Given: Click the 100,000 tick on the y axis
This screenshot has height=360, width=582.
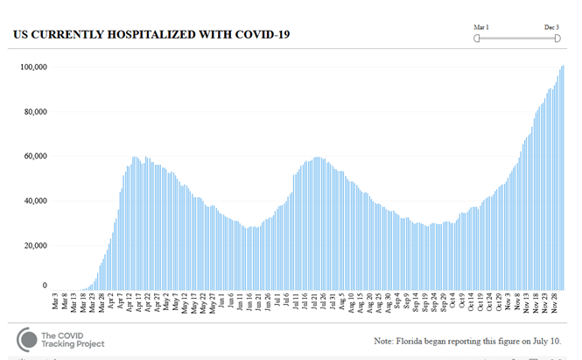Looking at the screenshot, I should pos(33,67).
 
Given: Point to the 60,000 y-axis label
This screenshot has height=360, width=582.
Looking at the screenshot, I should pos(35,156).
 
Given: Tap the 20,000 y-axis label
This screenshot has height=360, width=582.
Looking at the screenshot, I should pos(35,244).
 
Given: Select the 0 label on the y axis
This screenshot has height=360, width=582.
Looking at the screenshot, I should pos(46,286).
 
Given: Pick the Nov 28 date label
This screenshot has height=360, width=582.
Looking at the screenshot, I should pos(554,306).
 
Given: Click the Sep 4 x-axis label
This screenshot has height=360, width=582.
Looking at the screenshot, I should pos(397,304).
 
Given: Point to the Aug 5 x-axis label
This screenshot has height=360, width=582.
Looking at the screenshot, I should pos(342,304).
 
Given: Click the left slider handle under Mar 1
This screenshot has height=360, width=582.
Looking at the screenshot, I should pos(477,38).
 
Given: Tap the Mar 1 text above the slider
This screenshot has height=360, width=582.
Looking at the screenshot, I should pos(480,27).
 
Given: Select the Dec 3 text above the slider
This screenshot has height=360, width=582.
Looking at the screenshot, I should pos(551,27).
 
